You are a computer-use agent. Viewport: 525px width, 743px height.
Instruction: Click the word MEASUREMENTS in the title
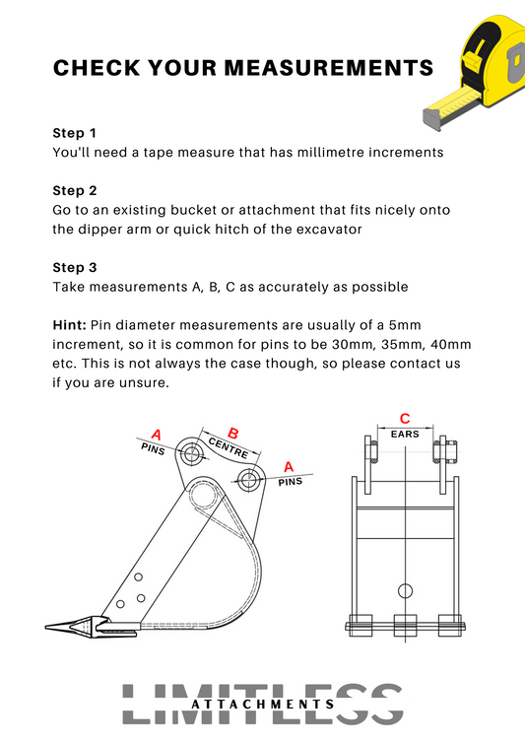point(328,68)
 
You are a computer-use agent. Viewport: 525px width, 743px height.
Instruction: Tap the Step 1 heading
point(75,133)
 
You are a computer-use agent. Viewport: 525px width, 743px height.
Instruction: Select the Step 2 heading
point(75,190)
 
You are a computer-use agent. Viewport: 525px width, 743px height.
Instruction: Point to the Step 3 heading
point(75,267)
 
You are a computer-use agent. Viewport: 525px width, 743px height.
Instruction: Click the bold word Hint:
point(69,325)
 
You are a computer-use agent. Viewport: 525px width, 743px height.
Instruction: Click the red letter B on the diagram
point(233,434)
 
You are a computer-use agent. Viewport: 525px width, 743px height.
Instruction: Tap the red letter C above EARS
point(405,419)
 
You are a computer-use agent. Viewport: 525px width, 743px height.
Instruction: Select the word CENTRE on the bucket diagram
point(229,447)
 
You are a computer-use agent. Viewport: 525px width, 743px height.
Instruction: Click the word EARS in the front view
point(405,434)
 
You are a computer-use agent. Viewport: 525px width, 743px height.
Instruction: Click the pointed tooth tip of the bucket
point(46,628)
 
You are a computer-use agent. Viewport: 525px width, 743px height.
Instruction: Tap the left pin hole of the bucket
point(192,454)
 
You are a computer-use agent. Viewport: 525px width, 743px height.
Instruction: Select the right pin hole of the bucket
point(248,481)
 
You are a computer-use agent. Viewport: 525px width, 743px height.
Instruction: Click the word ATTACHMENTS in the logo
point(263,705)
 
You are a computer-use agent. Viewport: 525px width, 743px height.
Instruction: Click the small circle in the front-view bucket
point(405,591)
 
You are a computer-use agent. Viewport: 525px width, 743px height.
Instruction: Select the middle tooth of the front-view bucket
point(405,626)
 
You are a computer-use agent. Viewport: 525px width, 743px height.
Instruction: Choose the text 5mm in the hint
point(405,325)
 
